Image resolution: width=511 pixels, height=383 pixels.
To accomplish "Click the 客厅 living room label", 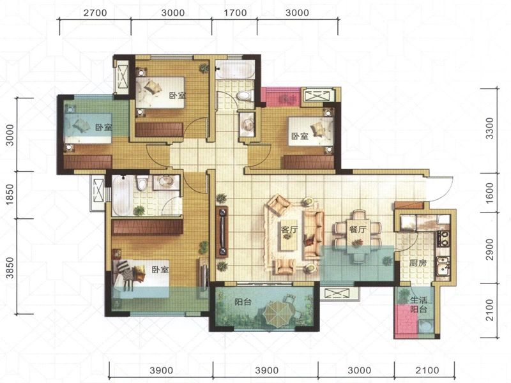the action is tap(289, 230).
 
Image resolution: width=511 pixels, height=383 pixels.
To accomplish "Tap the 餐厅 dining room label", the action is tap(358, 229).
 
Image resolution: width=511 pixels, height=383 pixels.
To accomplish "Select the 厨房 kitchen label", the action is tap(418, 262).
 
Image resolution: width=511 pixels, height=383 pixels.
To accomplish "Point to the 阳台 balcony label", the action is tap(243, 302).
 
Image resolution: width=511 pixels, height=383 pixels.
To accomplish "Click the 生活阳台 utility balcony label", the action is tap(418, 304).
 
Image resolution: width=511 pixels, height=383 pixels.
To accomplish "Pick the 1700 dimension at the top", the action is tap(235, 13).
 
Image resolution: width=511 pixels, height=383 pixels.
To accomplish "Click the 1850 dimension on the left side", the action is tap(10, 195).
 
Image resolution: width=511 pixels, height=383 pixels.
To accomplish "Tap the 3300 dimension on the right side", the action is tap(490, 128).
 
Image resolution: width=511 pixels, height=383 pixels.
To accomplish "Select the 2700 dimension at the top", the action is tap(95, 13).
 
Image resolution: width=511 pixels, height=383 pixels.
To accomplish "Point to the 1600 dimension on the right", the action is tap(490, 193).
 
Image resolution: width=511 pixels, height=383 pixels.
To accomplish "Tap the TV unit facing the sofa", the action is tap(222, 232).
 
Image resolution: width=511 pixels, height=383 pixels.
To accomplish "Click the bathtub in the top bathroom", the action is tap(235, 70).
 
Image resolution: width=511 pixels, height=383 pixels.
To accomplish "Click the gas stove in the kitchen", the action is tap(443, 237).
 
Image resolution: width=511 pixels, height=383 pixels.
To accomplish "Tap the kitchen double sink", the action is tap(443, 265).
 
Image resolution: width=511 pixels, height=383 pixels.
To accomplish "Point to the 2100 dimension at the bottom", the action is tap(427, 370).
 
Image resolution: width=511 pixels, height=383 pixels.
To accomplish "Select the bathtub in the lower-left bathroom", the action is tap(122, 196).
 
